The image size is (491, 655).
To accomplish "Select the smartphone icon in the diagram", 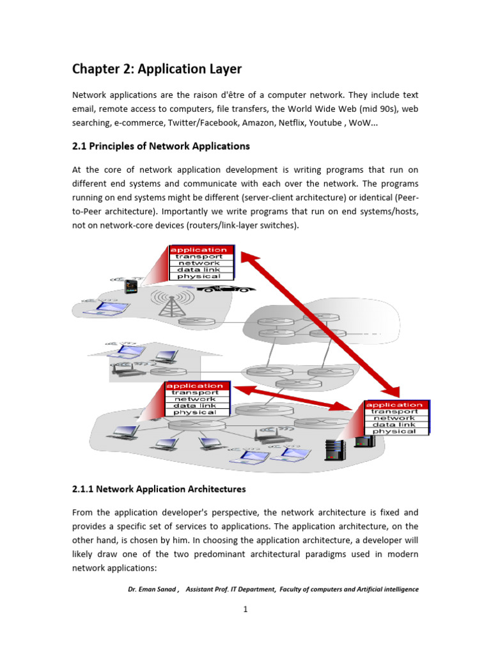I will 131,287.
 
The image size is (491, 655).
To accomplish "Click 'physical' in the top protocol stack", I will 198,276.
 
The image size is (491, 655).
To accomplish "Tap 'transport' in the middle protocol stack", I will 195,393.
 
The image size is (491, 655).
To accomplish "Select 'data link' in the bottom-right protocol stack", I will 394,424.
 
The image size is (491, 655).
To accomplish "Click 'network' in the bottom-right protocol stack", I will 394,418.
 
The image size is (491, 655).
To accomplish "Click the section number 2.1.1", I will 85,489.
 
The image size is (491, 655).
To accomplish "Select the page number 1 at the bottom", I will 245,610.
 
